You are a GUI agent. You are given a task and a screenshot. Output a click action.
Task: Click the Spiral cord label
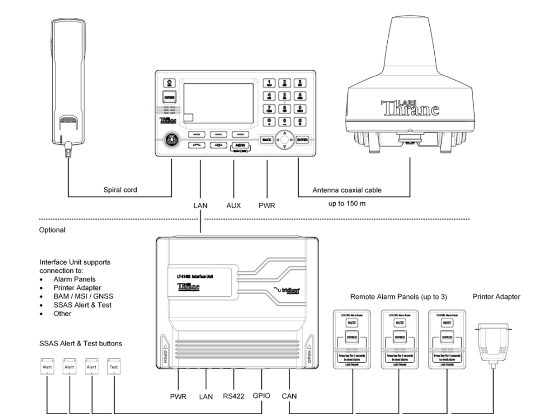click(x=120, y=190)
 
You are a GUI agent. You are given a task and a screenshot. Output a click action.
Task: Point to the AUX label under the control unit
click(x=234, y=206)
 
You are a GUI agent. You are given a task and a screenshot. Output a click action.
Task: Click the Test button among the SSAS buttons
click(x=113, y=366)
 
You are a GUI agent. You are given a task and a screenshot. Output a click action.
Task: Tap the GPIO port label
click(x=262, y=396)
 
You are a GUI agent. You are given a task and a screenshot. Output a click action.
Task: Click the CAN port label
click(x=289, y=396)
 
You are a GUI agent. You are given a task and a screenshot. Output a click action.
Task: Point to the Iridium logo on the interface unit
click(x=287, y=291)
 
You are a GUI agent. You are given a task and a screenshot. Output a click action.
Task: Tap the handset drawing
click(x=63, y=87)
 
